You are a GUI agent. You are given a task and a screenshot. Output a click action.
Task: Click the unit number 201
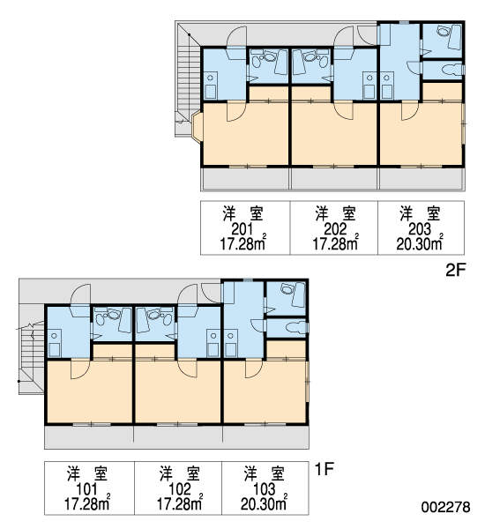tap(242, 230)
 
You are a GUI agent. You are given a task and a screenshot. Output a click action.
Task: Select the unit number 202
tap(335, 230)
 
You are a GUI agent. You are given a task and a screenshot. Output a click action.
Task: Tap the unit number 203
tap(420, 230)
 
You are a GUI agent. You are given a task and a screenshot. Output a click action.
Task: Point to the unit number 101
tap(86, 489)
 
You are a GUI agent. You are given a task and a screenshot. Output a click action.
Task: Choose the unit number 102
tap(180, 489)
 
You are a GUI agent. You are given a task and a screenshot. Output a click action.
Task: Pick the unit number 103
tap(265, 489)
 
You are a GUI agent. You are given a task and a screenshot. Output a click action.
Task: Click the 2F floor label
tap(456, 270)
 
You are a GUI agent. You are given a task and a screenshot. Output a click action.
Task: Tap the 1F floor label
tap(324, 469)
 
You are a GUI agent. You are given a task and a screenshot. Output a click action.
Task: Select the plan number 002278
tap(445, 507)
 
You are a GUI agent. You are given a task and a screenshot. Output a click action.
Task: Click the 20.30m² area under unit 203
tap(420, 243)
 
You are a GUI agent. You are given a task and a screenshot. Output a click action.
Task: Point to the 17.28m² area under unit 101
tap(87, 503)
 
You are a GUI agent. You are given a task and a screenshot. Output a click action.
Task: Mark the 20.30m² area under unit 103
tap(265, 503)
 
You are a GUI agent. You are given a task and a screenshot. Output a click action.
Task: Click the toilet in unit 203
tap(451, 70)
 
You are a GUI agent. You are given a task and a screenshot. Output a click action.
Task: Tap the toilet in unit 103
tap(295, 327)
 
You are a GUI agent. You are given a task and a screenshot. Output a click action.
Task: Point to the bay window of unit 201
tap(197, 125)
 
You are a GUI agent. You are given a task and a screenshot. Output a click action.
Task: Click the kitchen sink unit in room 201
tap(210, 86)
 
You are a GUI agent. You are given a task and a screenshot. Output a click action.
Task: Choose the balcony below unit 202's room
tap(334, 179)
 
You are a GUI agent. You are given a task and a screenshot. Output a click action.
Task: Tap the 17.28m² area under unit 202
tap(335, 243)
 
